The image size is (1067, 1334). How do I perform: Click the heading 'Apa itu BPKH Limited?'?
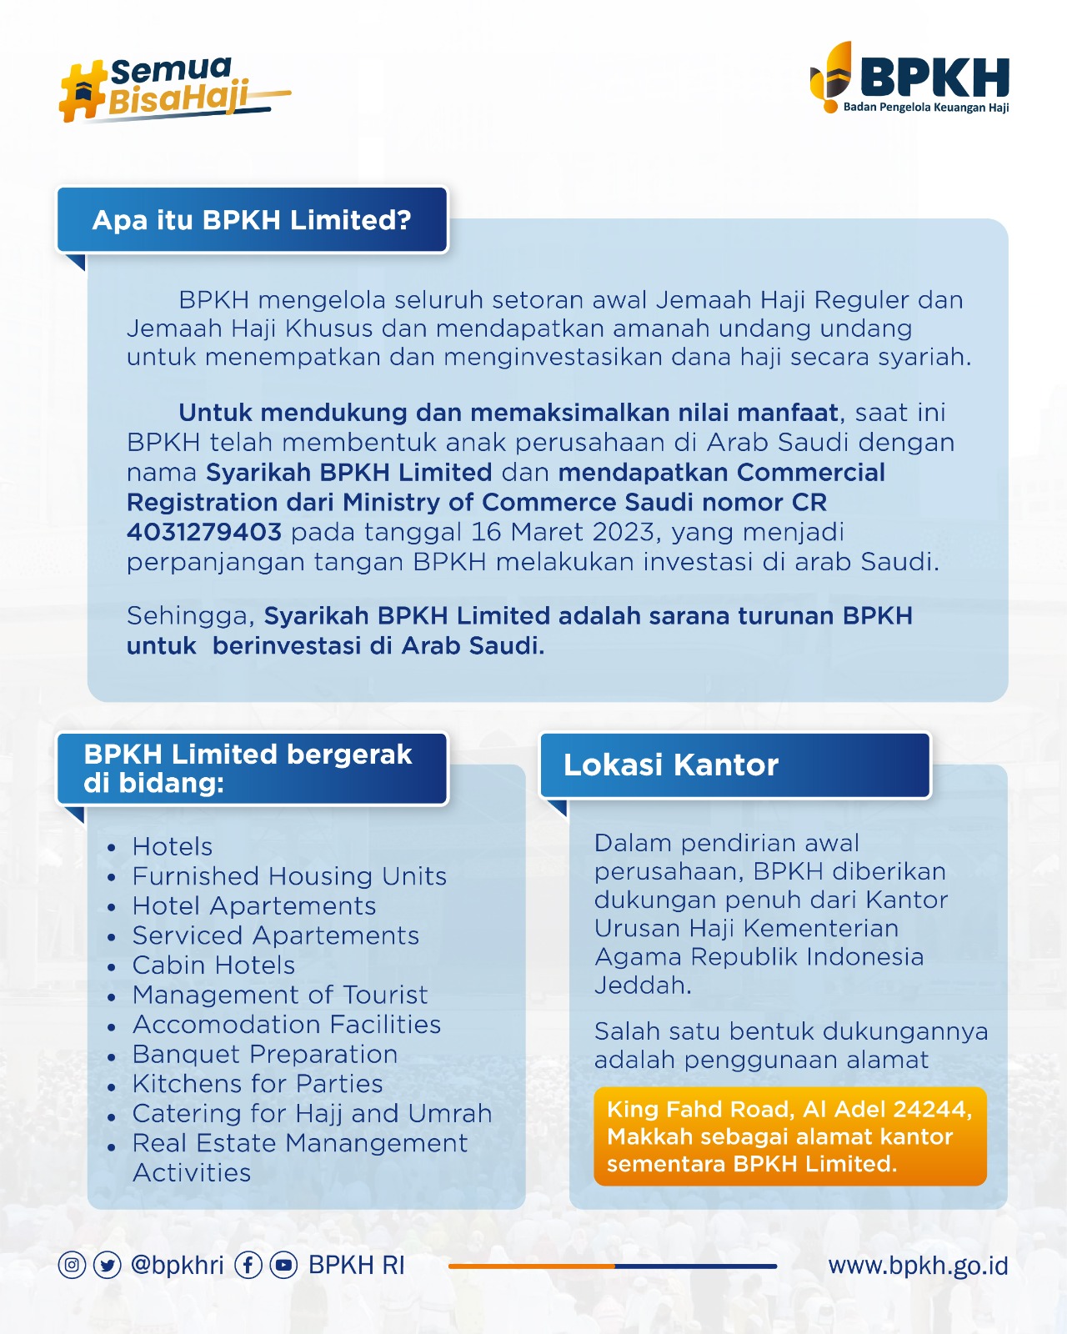(x=252, y=220)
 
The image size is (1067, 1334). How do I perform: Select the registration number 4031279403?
(x=204, y=532)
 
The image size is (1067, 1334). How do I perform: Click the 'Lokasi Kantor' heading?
(x=671, y=765)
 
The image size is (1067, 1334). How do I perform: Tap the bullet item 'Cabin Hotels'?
(x=213, y=965)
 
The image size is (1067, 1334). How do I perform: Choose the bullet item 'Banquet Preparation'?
(x=265, y=1054)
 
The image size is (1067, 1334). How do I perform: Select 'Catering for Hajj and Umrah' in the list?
(x=312, y=1113)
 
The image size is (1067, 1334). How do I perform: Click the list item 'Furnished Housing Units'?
(x=289, y=876)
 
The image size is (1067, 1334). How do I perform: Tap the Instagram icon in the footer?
(x=73, y=1265)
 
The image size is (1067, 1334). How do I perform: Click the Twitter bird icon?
(x=108, y=1265)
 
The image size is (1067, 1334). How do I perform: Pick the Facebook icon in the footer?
(x=248, y=1265)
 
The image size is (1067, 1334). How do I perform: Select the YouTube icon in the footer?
(x=283, y=1265)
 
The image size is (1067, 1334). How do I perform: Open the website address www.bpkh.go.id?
(x=918, y=1266)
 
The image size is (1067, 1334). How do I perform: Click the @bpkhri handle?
(x=178, y=1266)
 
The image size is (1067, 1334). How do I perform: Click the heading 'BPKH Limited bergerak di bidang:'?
(x=248, y=768)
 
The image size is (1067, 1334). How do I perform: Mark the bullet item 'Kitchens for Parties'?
(x=258, y=1084)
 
